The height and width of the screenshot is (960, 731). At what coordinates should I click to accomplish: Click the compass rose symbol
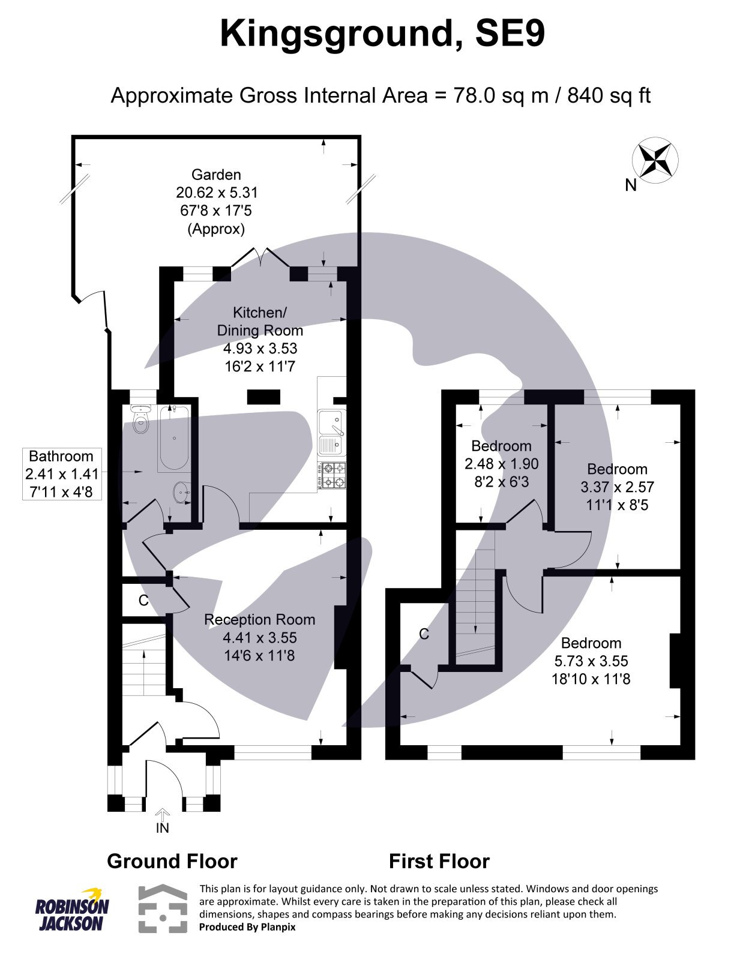click(x=655, y=159)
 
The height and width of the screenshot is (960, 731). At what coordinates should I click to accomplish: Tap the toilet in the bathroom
click(x=141, y=421)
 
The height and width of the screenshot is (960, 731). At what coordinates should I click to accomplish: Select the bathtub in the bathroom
click(x=175, y=438)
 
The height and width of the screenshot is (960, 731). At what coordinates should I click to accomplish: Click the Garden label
click(x=216, y=175)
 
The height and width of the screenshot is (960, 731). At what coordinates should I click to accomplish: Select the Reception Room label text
click(x=259, y=620)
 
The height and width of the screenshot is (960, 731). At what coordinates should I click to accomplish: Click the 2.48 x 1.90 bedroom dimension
click(x=501, y=464)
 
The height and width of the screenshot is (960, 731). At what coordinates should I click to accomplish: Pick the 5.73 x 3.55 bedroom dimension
click(x=591, y=661)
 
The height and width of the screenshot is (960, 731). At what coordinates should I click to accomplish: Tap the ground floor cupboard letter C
click(x=143, y=601)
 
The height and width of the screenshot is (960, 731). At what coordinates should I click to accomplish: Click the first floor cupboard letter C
click(x=424, y=634)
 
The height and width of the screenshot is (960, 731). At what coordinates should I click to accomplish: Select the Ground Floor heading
click(x=172, y=862)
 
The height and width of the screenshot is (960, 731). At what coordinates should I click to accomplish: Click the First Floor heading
click(x=439, y=862)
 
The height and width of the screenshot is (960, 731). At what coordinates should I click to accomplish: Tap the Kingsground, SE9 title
click(x=382, y=34)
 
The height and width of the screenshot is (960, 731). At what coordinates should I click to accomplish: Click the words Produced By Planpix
click(x=247, y=927)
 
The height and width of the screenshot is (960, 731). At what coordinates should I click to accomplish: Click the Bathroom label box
click(x=61, y=474)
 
